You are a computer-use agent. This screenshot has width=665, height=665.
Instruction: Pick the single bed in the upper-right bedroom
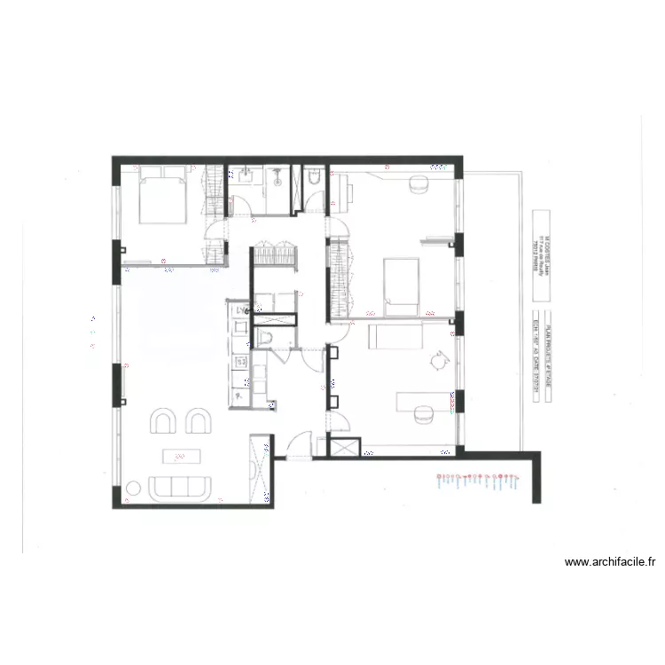click(x=401, y=286)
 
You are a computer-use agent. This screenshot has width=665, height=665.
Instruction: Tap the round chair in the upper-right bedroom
click(x=418, y=184)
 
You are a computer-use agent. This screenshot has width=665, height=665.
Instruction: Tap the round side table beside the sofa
click(x=135, y=486)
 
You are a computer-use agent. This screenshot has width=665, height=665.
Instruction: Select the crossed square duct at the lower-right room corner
click(x=344, y=446)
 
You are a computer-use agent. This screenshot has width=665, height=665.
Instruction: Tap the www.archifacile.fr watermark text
click(x=609, y=561)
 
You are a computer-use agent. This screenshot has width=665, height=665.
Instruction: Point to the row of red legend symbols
click(x=479, y=481)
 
